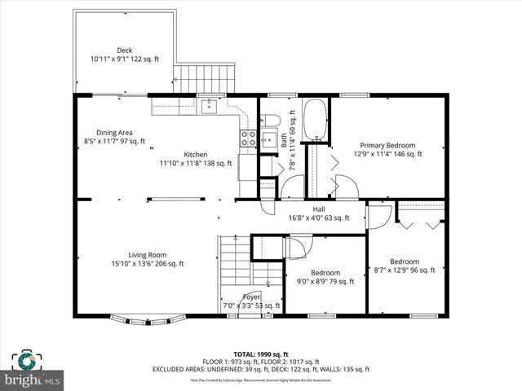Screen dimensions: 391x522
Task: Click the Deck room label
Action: point(124,51)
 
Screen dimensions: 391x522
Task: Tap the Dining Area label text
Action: point(113,132)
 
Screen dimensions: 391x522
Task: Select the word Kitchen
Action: point(195,154)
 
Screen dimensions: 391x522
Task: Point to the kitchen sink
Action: point(210,105)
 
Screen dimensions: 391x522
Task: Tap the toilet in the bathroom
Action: point(272,121)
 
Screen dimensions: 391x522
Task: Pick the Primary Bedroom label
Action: point(387,145)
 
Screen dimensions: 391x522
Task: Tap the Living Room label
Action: point(147,254)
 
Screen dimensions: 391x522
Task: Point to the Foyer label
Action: point(252,297)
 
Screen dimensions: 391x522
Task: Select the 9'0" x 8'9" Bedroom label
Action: point(325,273)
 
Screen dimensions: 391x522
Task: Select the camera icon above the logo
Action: point(27,360)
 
